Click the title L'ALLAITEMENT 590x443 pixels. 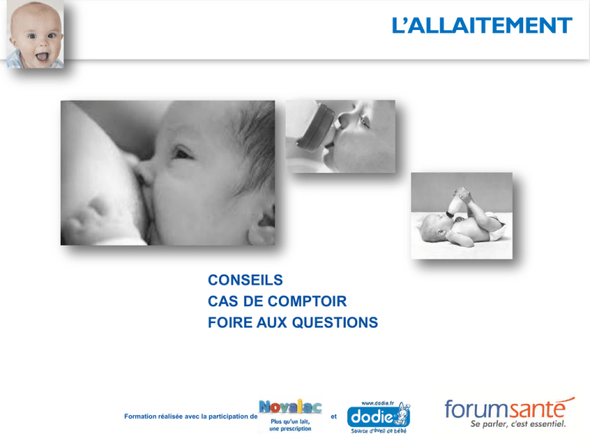click(x=482, y=25)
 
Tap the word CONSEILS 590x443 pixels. click(x=245, y=280)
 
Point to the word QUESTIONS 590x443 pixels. click(x=335, y=322)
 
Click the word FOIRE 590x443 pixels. click(x=230, y=322)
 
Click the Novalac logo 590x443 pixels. click(x=290, y=406)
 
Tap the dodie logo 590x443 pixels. click(x=379, y=416)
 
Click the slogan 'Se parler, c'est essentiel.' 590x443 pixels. click(x=518, y=425)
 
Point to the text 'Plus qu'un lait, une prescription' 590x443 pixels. click(x=290, y=425)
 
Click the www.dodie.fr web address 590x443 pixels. click(x=377, y=403)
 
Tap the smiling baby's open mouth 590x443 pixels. click(x=41, y=57)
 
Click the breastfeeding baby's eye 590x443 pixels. click(x=182, y=153)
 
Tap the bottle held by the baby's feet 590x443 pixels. click(x=454, y=205)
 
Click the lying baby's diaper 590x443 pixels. click(x=495, y=230)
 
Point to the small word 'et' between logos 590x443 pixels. click(x=333, y=417)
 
